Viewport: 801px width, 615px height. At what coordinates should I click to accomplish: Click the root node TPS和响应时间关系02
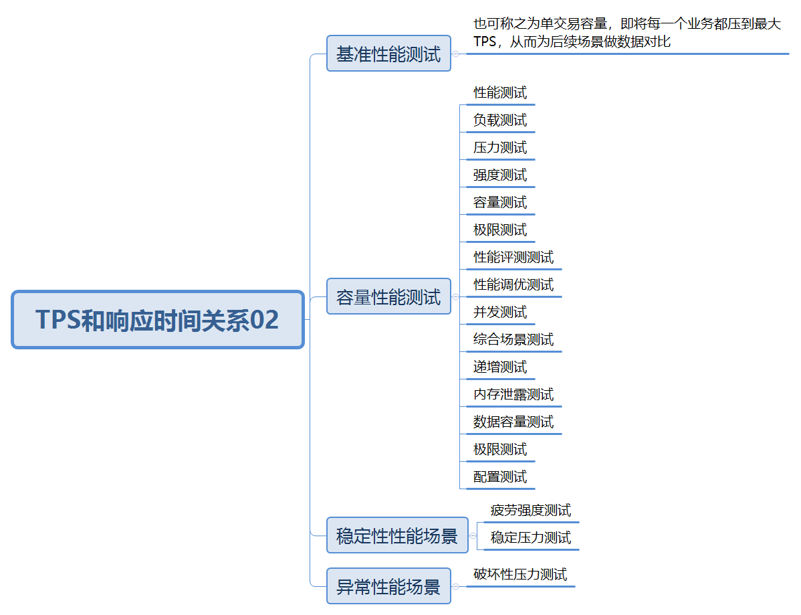coord(158,320)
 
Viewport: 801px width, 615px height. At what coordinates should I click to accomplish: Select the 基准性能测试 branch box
coord(388,54)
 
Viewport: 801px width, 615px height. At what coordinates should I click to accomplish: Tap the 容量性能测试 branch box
coord(388,296)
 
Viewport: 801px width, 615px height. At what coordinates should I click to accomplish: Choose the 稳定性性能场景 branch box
coord(397,535)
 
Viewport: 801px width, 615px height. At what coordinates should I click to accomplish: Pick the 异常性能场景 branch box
coord(388,586)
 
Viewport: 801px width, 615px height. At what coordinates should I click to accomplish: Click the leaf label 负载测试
coord(500,120)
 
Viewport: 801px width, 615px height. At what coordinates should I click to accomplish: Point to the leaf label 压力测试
coord(500,148)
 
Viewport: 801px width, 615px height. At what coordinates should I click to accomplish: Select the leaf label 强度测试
coord(500,175)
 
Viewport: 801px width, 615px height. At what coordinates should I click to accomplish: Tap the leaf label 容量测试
coord(500,203)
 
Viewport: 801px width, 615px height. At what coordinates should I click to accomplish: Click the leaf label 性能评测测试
coord(513,258)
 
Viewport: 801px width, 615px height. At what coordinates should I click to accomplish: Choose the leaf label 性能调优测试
coord(513,285)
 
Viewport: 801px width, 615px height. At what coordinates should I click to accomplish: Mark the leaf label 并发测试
coord(500,313)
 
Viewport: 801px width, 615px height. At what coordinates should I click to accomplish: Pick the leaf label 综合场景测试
coord(513,340)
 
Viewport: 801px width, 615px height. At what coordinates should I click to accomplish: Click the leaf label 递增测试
coord(500,367)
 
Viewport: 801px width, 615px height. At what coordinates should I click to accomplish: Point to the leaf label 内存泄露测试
coord(513,395)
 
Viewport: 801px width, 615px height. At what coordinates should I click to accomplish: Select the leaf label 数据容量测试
coord(513,422)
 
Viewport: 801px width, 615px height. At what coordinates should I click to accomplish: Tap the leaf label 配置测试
coord(500,477)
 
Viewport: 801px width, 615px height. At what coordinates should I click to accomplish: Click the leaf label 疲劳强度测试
coord(531,511)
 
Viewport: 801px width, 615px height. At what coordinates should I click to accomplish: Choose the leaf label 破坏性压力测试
coord(520,574)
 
